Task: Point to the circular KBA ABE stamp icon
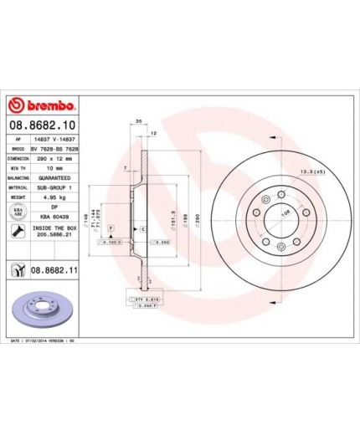click(x=16, y=212)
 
